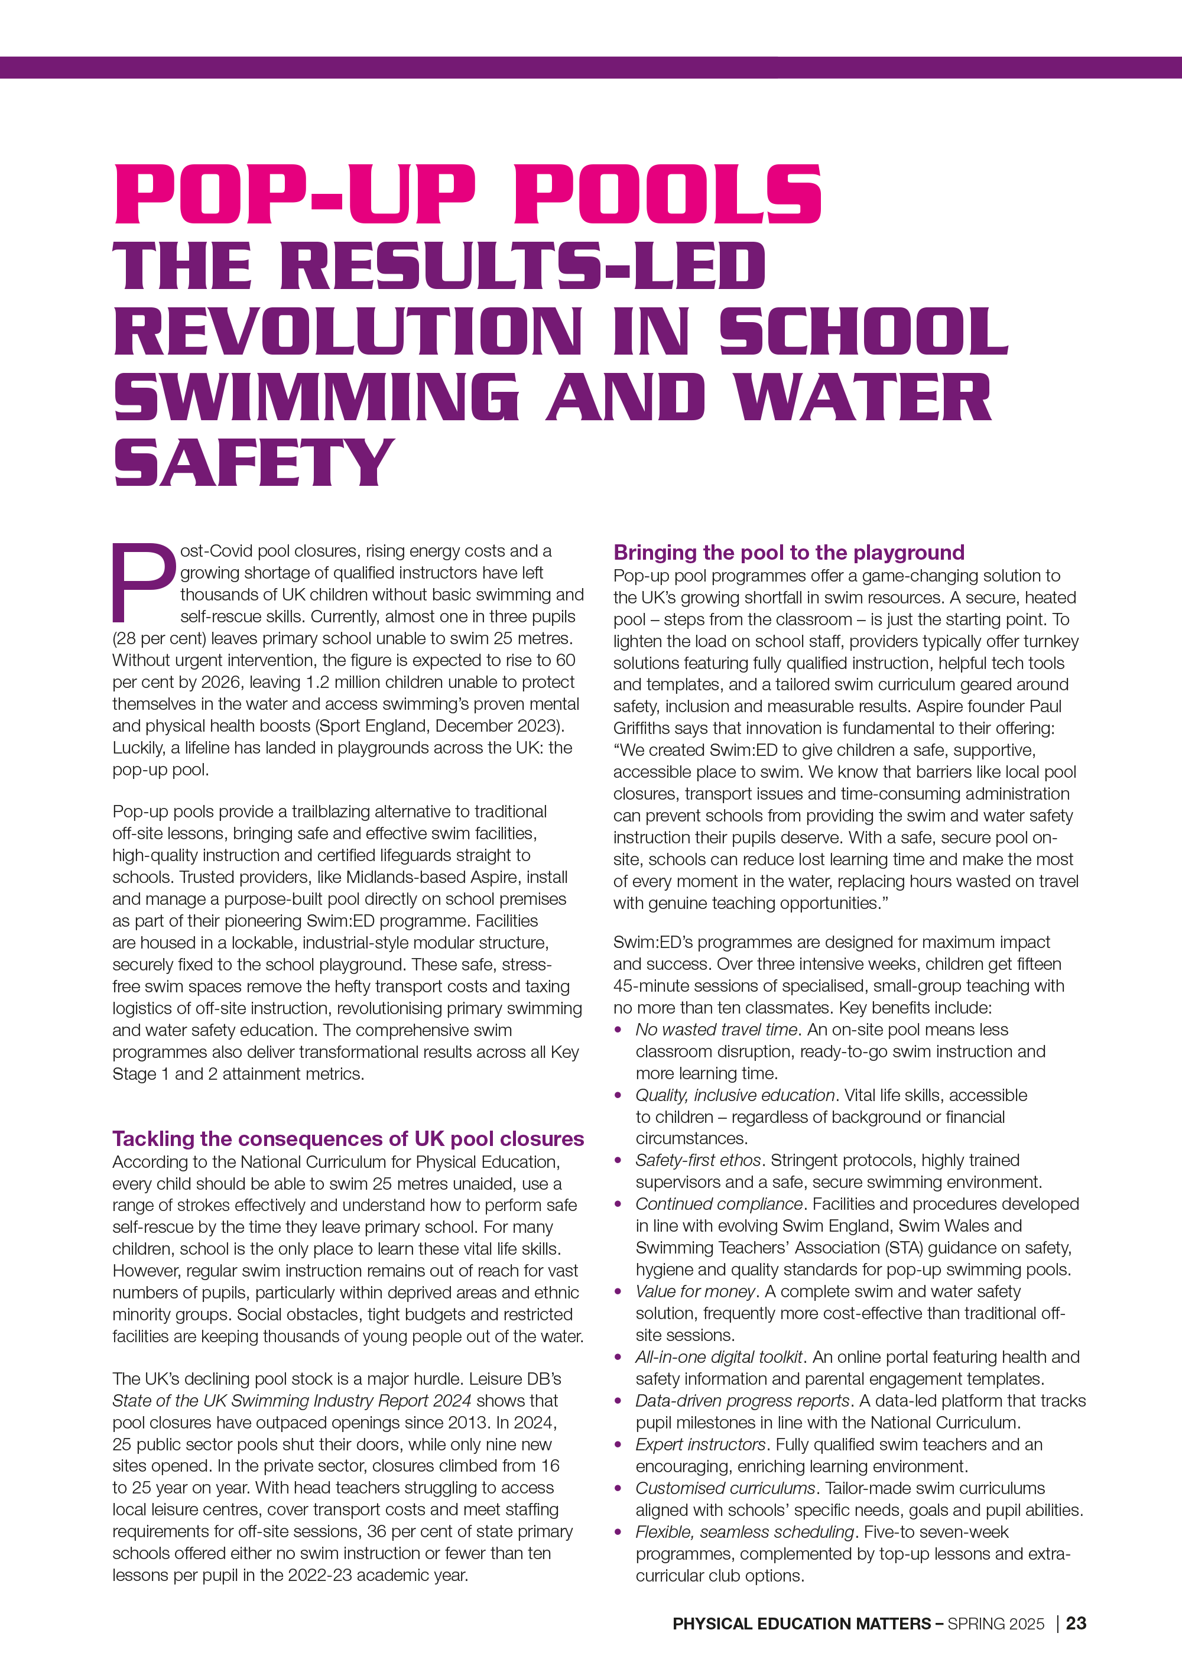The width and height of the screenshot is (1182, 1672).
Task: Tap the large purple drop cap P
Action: [144, 583]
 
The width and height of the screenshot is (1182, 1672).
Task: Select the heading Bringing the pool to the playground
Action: [789, 552]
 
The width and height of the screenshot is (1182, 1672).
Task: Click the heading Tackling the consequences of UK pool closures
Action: [348, 1138]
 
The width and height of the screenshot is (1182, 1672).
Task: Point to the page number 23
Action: [1076, 1623]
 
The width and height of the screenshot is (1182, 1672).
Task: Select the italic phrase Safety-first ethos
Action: [699, 1160]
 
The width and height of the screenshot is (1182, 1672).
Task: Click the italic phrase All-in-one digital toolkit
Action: [719, 1356]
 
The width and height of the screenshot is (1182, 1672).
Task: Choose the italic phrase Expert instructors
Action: [700, 1444]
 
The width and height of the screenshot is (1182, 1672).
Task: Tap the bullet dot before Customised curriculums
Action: [618, 1488]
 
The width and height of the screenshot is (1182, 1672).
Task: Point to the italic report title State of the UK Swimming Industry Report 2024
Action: [291, 1400]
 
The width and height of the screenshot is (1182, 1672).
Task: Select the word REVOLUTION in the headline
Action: [348, 332]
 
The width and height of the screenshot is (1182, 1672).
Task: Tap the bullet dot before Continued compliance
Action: [618, 1205]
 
